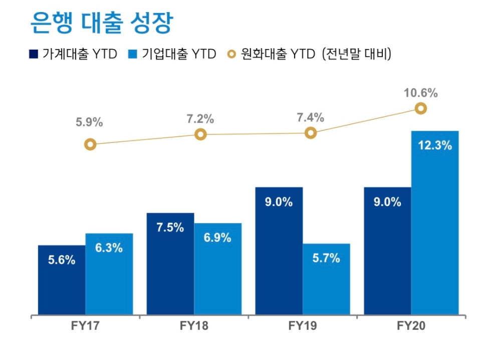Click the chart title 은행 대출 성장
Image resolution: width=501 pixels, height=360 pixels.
click(x=101, y=23)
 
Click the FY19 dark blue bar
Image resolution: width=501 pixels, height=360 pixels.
click(x=279, y=251)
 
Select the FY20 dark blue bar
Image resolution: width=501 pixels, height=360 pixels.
click(x=388, y=251)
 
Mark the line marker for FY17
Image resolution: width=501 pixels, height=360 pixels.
click(x=90, y=144)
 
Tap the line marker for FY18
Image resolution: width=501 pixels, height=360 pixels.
click(x=200, y=134)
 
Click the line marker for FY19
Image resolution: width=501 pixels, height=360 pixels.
click(x=311, y=133)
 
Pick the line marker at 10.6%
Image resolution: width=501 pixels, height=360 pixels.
click(x=421, y=108)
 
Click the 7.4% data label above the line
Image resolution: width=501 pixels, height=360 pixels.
click(x=311, y=118)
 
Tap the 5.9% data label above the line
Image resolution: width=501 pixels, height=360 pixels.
click(x=89, y=122)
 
